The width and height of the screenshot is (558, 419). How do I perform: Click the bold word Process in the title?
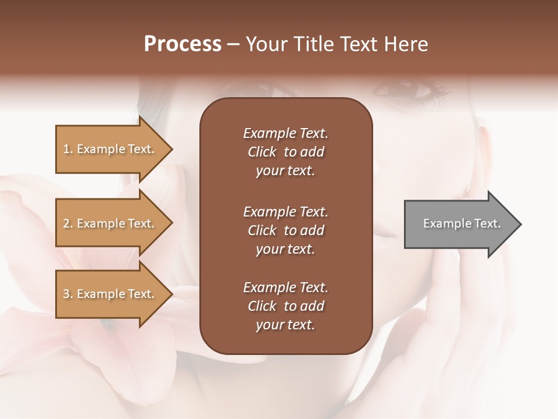point(183,44)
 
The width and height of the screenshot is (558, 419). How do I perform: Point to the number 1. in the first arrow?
point(68,150)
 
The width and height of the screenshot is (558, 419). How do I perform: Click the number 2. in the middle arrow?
point(68,224)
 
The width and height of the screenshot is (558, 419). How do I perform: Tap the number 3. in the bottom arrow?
point(68,294)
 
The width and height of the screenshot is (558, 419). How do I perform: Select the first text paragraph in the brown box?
point(285,152)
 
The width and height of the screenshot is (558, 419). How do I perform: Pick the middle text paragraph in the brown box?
point(285,230)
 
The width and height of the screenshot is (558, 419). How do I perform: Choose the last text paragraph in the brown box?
point(285,306)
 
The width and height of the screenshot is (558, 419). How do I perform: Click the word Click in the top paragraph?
point(262,152)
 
